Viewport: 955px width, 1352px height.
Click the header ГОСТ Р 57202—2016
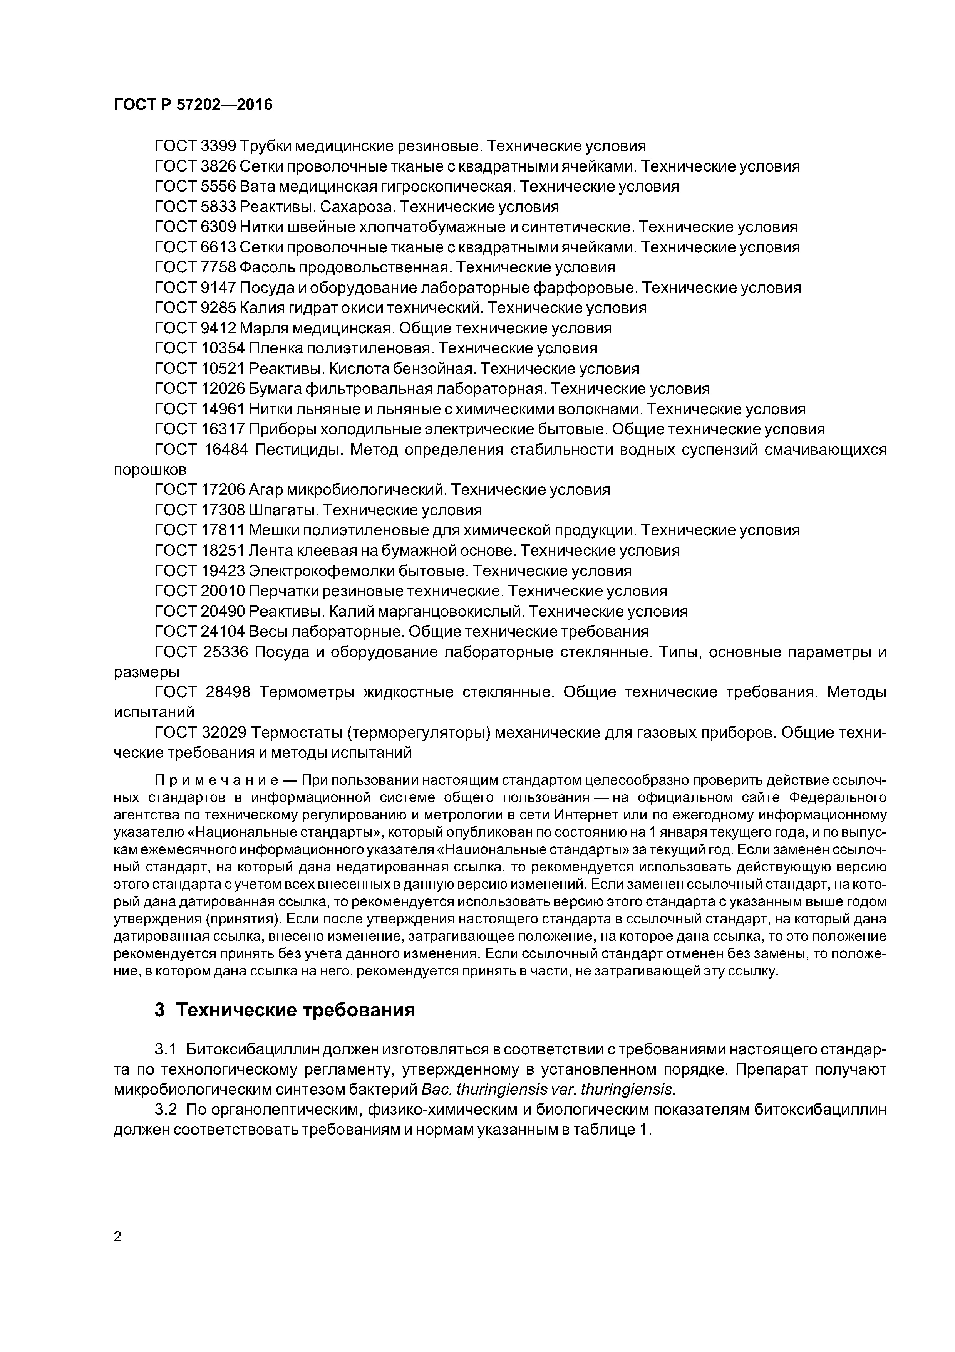pos(193,105)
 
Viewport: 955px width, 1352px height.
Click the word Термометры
pos(307,693)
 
